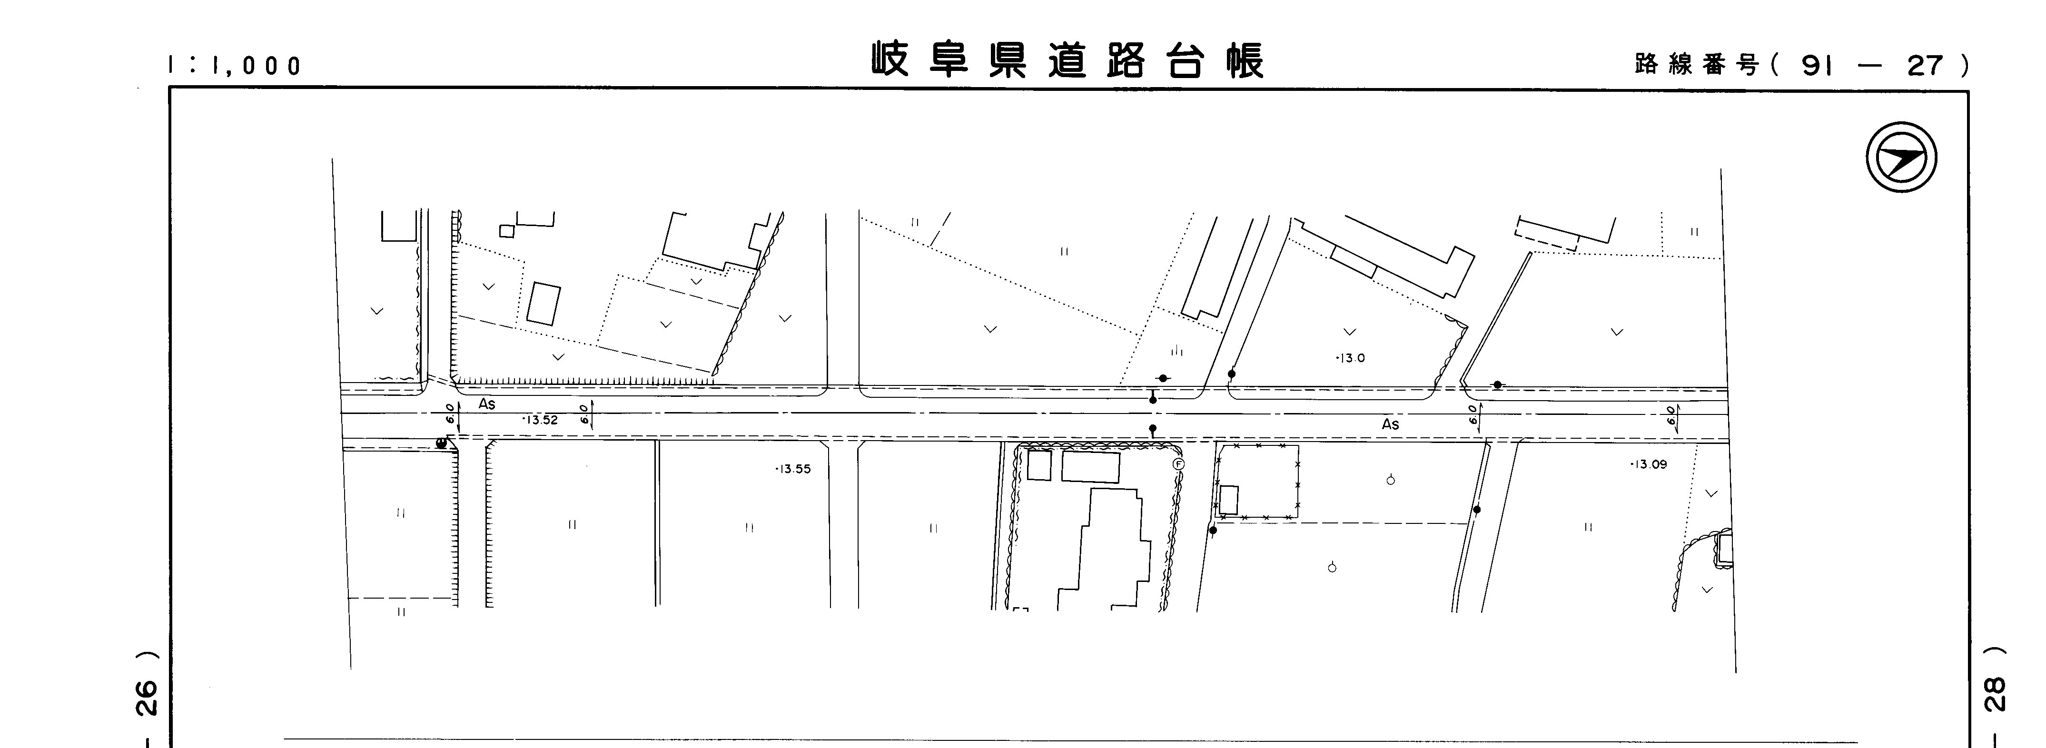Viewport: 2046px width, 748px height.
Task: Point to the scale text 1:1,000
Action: [x=235, y=65]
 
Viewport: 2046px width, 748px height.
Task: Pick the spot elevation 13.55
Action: [x=793, y=469]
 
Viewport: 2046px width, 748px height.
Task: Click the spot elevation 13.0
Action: [x=1350, y=358]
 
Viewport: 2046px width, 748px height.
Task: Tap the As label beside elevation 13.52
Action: [x=487, y=404]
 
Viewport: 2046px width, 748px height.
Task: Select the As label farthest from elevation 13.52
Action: [x=1390, y=425]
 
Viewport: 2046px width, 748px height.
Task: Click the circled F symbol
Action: [x=1179, y=464]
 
